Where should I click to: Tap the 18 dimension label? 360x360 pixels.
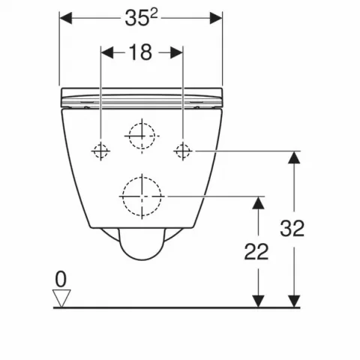pos(141,52)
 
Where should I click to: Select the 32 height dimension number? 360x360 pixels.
pos(290,228)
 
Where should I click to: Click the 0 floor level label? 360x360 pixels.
pos(61,279)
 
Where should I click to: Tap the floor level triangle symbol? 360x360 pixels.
pos(61,298)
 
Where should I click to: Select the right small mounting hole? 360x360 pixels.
pos(181,151)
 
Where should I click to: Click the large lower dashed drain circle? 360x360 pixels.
pos(141,196)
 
